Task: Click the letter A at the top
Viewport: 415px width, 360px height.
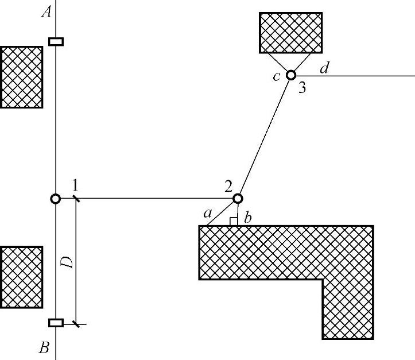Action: (x=46, y=12)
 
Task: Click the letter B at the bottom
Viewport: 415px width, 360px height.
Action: (x=44, y=347)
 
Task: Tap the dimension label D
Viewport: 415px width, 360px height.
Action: (x=67, y=262)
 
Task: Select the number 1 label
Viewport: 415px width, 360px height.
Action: (x=75, y=185)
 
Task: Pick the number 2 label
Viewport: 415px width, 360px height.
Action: (x=228, y=185)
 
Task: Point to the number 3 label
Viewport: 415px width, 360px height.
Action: (x=301, y=89)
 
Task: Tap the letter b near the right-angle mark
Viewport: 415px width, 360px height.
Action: (x=247, y=218)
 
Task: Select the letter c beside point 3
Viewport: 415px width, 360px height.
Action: (x=277, y=76)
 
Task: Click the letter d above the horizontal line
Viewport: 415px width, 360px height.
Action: (x=324, y=68)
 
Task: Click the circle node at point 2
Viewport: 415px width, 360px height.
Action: (x=238, y=199)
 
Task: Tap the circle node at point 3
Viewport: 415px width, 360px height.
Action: (x=291, y=75)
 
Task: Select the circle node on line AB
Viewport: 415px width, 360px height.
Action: (x=55, y=199)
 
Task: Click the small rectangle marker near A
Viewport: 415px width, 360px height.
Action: (x=56, y=41)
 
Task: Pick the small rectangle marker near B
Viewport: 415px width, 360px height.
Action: (x=56, y=323)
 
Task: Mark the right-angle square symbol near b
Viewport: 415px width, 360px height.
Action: (x=234, y=222)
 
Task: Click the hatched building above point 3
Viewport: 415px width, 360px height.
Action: (x=290, y=32)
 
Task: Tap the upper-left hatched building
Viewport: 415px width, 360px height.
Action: (x=21, y=77)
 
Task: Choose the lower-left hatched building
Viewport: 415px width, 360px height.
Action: (x=21, y=277)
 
